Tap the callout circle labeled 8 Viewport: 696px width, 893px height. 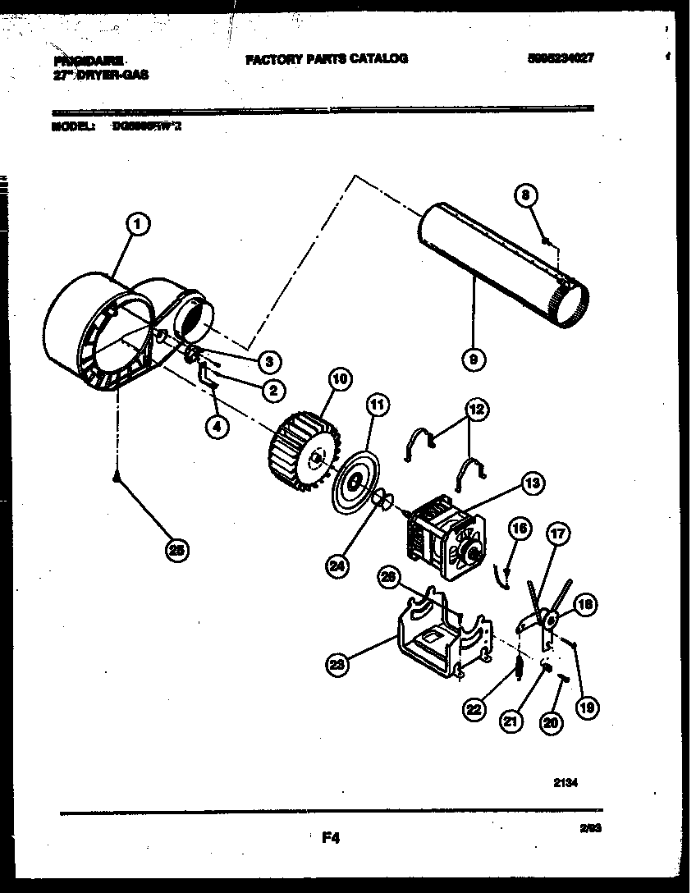click(526, 195)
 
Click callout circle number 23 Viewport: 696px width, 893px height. click(336, 666)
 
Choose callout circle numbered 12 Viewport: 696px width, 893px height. click(476, 408)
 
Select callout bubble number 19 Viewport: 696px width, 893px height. click(584, 707)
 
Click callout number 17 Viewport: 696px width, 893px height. click(558, 534)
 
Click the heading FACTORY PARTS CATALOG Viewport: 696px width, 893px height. click(327, 59)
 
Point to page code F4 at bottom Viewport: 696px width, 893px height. click(330, 838)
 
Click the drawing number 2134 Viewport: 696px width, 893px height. click(566, 784)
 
